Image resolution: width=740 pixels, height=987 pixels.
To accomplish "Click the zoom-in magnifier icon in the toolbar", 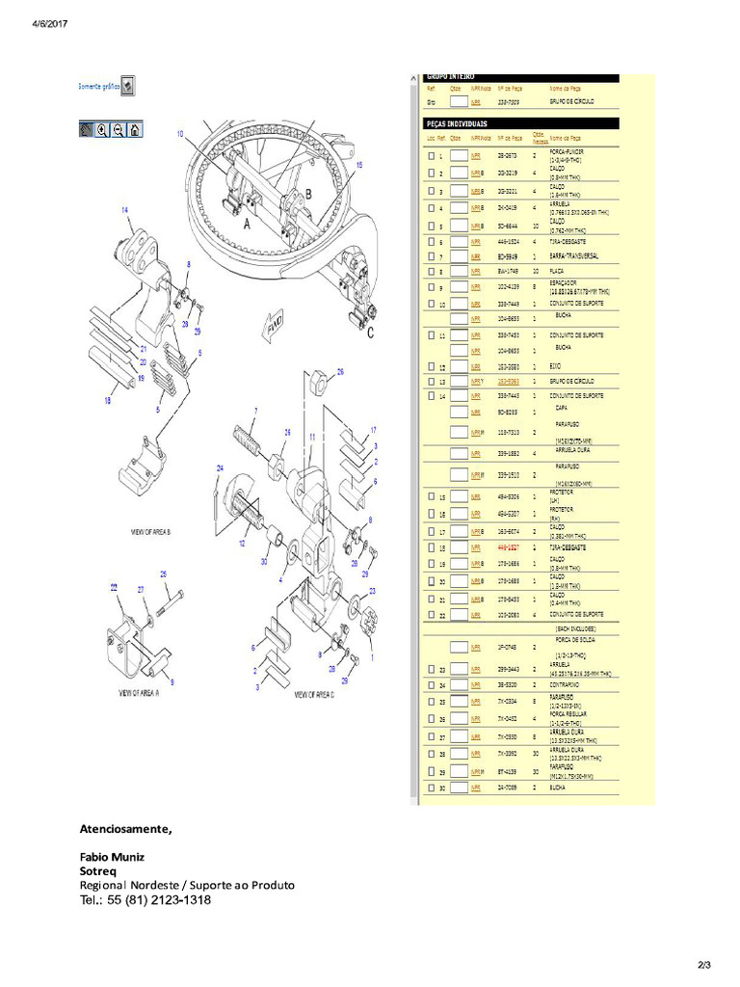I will (102, 129).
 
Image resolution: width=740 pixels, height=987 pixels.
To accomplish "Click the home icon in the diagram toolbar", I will (135, 129).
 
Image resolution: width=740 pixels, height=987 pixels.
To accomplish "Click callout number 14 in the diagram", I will (124, 209).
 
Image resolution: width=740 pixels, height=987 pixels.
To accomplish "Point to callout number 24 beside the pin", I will (220, 468).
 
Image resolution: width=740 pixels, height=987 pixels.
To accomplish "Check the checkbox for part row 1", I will (432, 155).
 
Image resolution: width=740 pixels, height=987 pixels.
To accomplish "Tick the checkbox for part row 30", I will (432, 787).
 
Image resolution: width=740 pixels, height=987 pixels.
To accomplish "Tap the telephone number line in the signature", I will (145, 900).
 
